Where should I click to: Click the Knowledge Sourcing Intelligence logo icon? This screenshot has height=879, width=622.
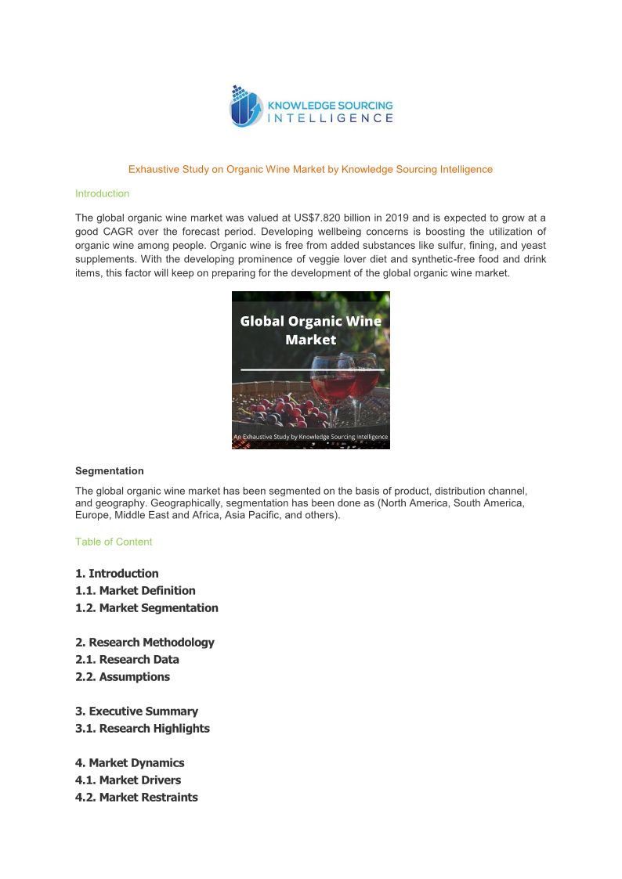246,106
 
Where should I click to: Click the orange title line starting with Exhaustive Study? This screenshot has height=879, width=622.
310,169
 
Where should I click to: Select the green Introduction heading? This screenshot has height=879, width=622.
102,193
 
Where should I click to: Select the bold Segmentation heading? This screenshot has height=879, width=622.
110,471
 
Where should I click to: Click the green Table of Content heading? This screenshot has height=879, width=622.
114,542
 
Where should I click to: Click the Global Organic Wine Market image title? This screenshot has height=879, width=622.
310,330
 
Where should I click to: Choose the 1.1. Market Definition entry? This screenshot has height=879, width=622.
136,590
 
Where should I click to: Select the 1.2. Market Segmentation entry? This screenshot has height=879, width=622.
146,607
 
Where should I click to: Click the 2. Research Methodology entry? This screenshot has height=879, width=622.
145,642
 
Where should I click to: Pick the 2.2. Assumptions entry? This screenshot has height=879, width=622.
122,676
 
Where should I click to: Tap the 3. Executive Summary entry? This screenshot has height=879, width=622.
136,711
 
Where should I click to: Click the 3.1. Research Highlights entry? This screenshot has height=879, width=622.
143,728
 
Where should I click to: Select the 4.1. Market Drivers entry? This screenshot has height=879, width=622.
128,780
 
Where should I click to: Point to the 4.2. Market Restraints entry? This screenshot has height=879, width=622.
136,797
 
